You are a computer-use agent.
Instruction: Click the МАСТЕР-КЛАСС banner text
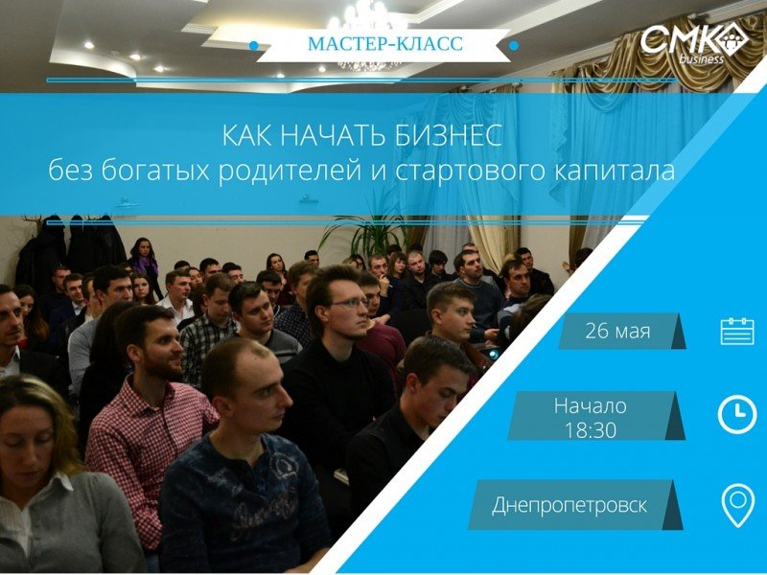click(x=385, y=43)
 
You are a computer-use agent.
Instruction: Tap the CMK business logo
click(x=693, y=43)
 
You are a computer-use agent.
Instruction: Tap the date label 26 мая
click(x=617, y=331)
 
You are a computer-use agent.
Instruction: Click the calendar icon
click(x=737, y=331)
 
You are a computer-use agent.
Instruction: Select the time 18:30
click(x=591, y=429)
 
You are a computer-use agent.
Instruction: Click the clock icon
click(x=737, y=415)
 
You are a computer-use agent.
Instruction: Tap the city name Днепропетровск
click(x=569, y=505)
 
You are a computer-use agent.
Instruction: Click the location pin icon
click(x=738, y=505)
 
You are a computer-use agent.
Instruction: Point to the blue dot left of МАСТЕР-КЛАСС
click(x=253, y=45)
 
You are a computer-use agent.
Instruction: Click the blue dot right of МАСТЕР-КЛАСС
click(x=514, y=45)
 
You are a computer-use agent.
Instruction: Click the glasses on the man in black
click(x=349, y=303)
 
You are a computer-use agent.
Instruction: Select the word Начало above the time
click(x=591, y=405)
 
